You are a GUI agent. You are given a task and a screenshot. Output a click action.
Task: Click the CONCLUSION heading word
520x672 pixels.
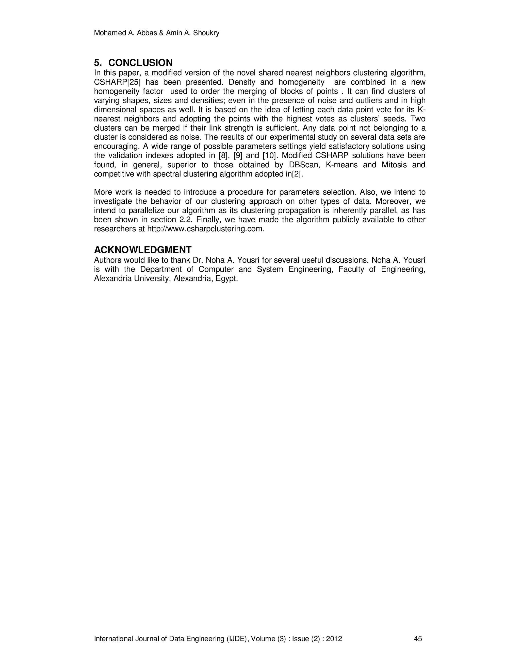140,63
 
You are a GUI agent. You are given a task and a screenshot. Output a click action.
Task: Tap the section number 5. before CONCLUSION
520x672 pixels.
98,63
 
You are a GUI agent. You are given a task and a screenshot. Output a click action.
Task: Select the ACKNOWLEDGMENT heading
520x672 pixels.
143,250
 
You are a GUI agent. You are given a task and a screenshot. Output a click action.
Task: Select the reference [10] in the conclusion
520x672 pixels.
269,155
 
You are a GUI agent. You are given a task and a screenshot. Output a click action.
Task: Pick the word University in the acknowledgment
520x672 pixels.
152,278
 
